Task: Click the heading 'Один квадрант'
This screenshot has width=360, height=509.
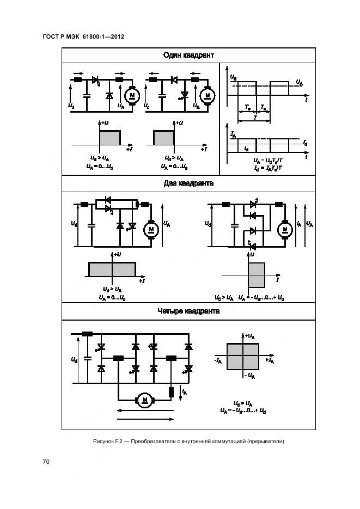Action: click(x=188, y=55)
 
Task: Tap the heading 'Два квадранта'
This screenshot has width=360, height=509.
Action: click(x=188, y=183)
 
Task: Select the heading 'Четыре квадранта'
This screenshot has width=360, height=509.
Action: click(x=188, y=311)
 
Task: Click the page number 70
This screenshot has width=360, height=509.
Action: click(x=46, y=462)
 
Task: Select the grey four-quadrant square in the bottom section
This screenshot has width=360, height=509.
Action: click(x=242, y=360)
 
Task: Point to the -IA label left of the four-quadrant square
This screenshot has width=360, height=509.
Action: click(x=217, y=360)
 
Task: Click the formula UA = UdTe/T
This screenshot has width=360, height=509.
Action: click(x=267, y=162)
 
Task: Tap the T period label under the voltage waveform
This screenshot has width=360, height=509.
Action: click(x=254, y=117)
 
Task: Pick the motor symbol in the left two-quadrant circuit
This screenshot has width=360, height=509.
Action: click(x=151, y=229)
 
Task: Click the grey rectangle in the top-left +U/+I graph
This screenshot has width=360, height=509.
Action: click(x=109, y=138)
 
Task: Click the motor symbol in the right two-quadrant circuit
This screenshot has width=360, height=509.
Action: click(x=284, y=229)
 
